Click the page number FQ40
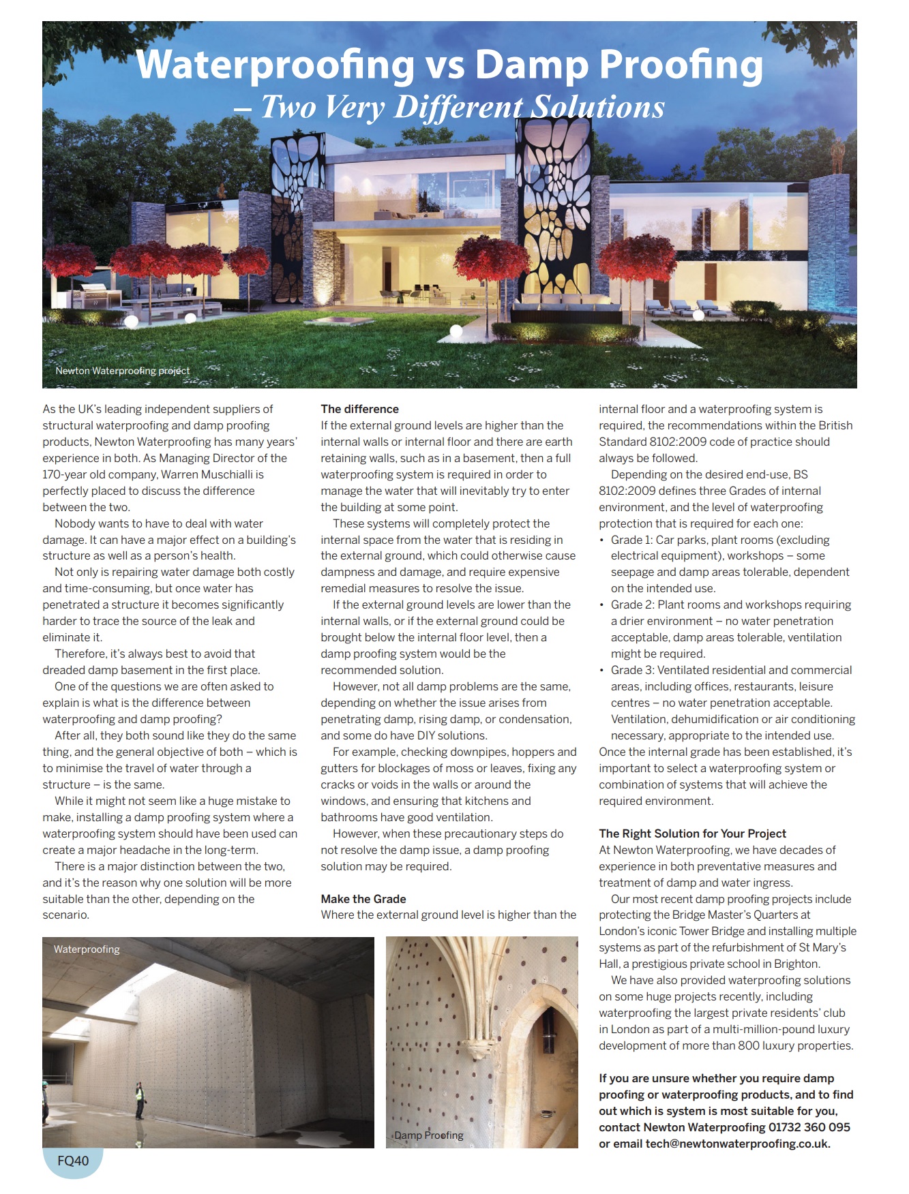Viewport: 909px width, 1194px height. [73, 1161]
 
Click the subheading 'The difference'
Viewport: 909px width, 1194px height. [359, 409]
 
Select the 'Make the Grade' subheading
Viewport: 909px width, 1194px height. [363, 899]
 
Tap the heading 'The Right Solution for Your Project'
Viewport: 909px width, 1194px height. [692, 833]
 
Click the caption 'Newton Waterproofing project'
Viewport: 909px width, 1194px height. [123, 371]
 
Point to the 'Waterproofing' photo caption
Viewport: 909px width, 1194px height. [87, 949]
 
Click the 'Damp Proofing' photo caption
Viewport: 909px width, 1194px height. [429, 1135]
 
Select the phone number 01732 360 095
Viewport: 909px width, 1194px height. [809, 1127]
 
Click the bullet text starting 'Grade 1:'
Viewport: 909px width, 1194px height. [720, 540]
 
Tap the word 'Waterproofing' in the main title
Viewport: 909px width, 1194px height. [275, 65]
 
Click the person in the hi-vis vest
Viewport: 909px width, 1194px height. [140, 1098]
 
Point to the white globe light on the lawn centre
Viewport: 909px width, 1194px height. [456, 331]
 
